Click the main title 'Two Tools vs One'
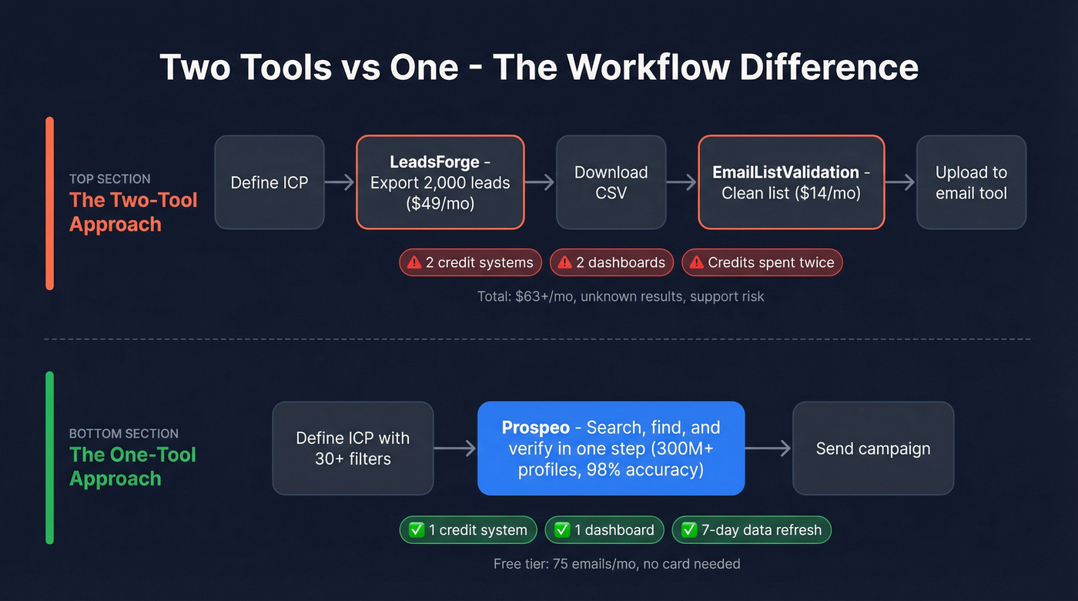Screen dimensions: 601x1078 [x=538, y=68]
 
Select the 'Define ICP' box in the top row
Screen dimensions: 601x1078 [x=269, y=182]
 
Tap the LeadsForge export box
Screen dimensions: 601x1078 [x=440, y=182]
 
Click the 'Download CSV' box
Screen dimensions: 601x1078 [x=611, y=182]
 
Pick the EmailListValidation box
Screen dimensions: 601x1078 [x=791, y=182]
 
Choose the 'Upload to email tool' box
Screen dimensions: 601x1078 [x=971, y=182]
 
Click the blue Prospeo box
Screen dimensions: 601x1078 [x=611, y=448]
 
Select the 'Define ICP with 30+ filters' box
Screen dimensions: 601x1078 [x=353, y=448]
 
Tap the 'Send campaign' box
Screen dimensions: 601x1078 [x=872, y=448]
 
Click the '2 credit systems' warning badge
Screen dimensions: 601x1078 [x=470, y=262]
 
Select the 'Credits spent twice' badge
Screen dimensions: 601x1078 [x=762, y=262]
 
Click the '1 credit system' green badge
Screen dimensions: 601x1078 [x=468, y=529]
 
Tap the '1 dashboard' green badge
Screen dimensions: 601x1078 [x=604, y=529]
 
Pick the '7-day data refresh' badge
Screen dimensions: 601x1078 [x=752, y=529]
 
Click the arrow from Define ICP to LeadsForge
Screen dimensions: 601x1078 [x=338, y=182]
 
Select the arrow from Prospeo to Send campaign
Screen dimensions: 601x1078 [x=768, y=448]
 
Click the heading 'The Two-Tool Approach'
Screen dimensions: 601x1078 [x=133, y=212]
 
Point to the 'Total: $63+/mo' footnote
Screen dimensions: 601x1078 [x=621, y=296]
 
